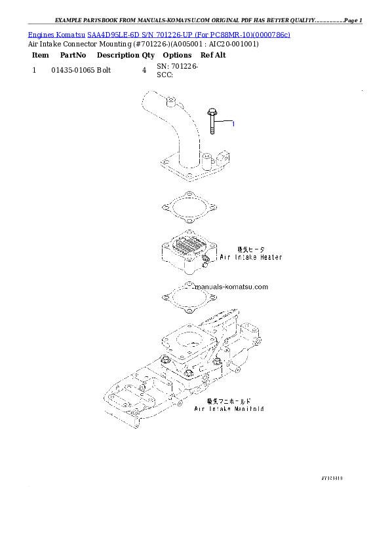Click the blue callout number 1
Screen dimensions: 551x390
233,123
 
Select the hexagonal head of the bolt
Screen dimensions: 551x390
211,111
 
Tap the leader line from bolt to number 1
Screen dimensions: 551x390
223,122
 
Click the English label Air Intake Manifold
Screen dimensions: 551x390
229,408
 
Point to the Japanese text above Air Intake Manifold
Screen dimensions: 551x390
229,400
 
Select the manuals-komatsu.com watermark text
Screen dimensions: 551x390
227,287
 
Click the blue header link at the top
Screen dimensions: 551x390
159,33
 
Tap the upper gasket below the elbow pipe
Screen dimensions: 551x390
188,206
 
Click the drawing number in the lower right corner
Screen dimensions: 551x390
332,478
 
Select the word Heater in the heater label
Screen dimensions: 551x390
268,257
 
